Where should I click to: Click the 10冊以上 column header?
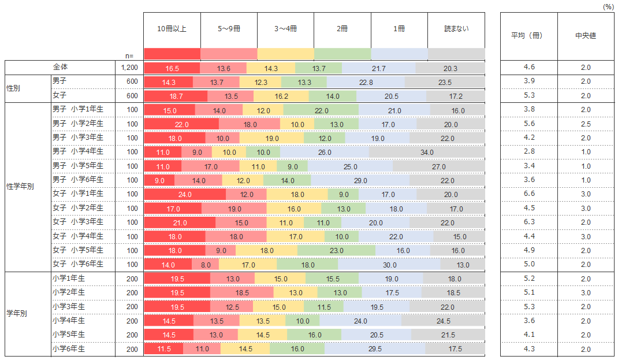pos(172,28)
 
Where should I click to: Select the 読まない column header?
pos(456,28)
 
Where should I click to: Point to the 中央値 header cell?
pos(586,35)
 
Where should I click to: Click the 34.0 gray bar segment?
pos(427,152)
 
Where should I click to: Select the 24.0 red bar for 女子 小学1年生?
pos(184,194)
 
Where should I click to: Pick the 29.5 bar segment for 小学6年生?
pos(375,349)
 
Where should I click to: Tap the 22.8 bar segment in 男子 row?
pos(365,82)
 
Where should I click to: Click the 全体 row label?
pos(60,68)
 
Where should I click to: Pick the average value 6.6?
pos(528,194)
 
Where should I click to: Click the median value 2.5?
pos(586,124)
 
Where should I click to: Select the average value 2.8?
pos(528,151)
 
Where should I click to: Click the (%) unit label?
pos(608,6)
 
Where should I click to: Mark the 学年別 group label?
pos(17,314)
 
